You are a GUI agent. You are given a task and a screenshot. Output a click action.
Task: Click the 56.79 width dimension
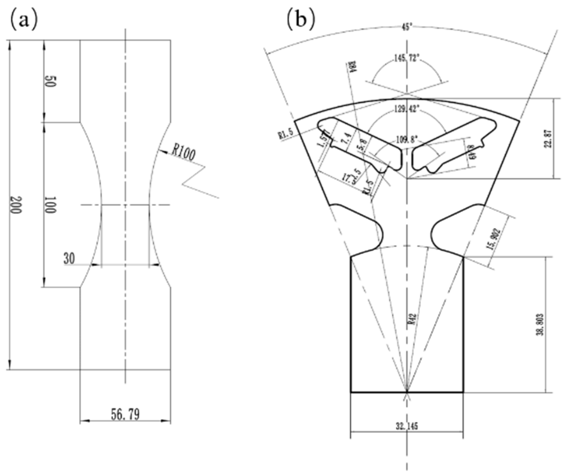tap(125, 414)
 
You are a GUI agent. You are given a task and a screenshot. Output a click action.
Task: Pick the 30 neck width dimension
tap(69, 258)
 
